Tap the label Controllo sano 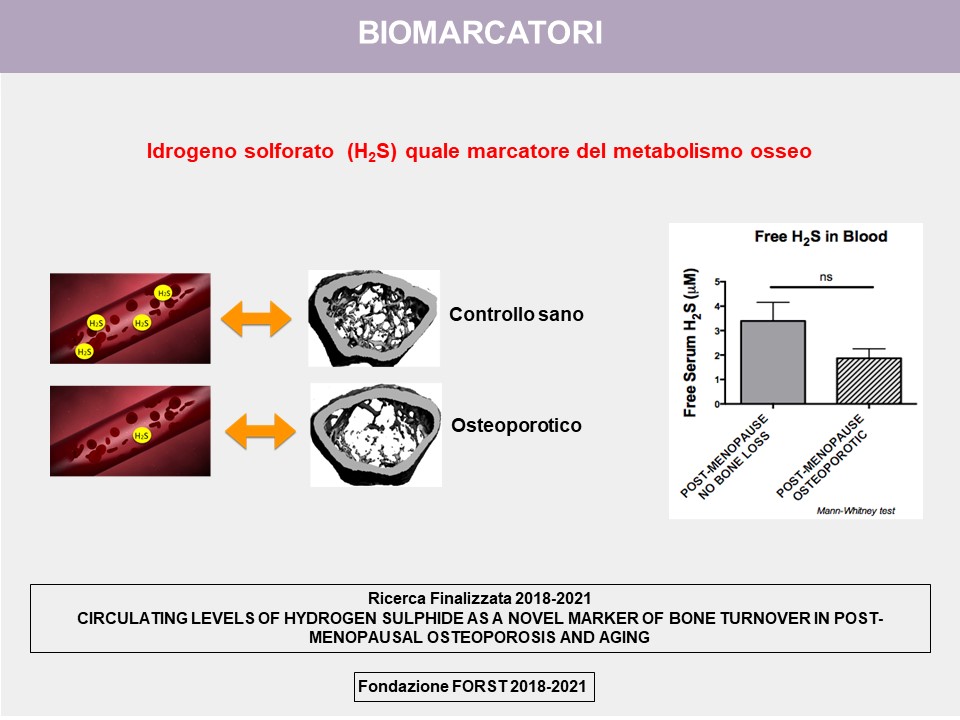point(516,315)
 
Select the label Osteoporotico point(516,426)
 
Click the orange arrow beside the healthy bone point(255,318)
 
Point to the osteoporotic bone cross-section point(376,434)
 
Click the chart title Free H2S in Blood point(821,238)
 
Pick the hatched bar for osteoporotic point(868,381)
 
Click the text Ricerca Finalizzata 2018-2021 point(480,598)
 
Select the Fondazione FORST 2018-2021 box point(476,688)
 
